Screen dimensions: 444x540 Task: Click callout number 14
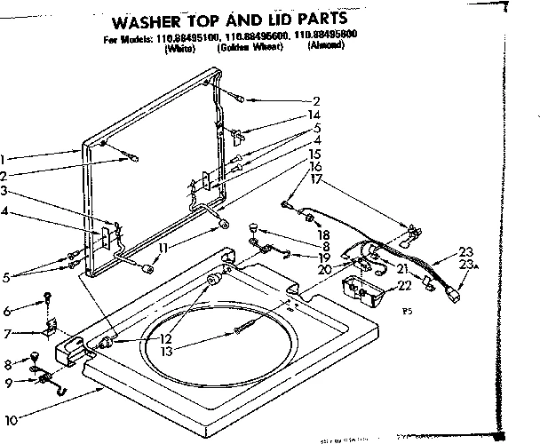click(315, 115)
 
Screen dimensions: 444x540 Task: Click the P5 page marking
click(408, 312)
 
